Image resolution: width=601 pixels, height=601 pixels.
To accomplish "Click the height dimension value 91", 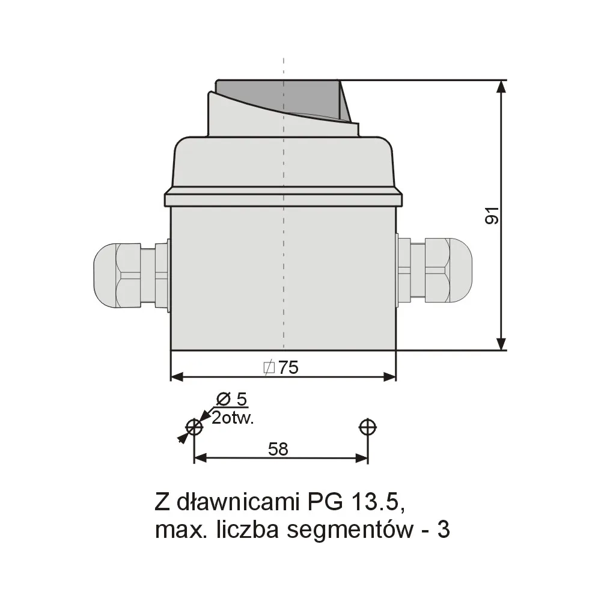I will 492,215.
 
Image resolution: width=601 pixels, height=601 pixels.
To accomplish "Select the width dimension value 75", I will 288,367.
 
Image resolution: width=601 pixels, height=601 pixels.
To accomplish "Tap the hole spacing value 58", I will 278,448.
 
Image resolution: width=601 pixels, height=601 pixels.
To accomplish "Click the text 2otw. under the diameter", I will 233,418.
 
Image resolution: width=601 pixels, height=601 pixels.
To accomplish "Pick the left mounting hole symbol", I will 194,427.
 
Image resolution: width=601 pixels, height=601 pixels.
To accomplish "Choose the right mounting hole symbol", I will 367,427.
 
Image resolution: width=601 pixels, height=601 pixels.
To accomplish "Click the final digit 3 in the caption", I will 443,530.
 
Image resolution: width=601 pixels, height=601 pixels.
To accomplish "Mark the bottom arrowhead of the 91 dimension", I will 501,344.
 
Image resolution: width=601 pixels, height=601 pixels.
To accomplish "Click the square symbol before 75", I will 269,367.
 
